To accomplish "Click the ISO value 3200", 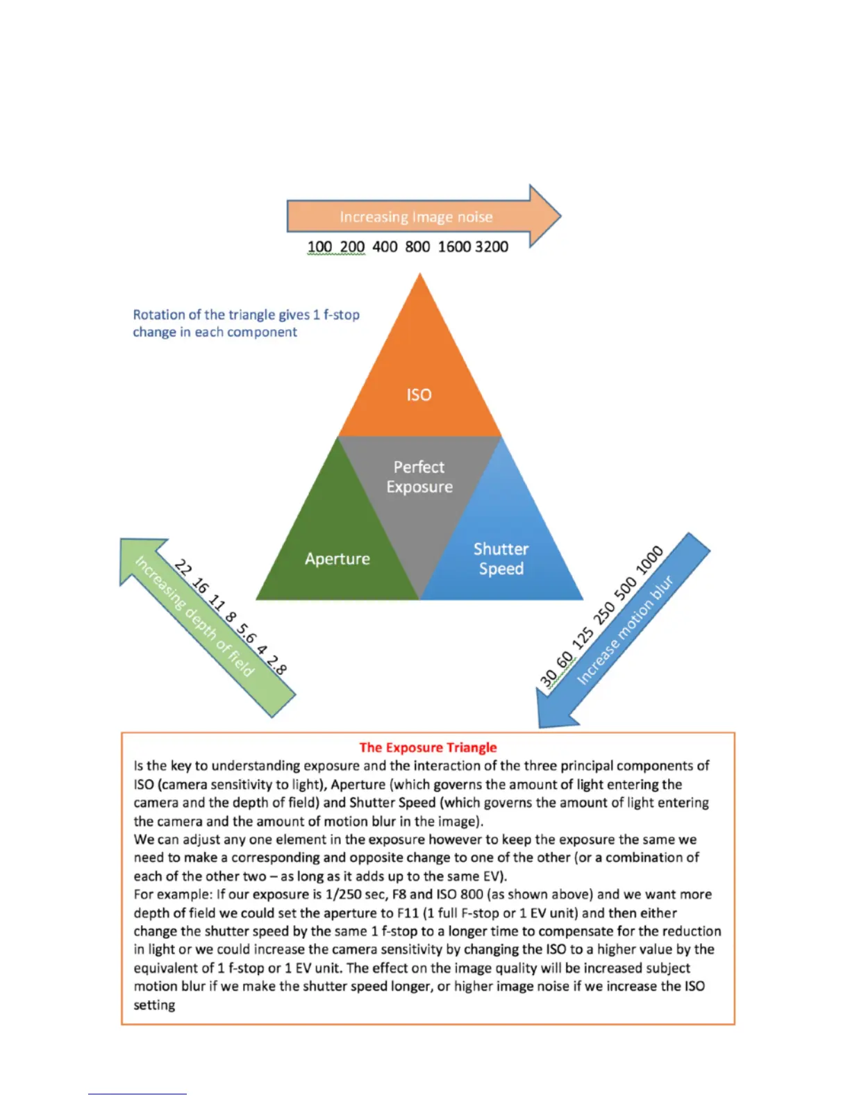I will tap(492, 247).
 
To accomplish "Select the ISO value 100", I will tap(319, 247).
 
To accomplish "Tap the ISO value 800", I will tap(417, 247).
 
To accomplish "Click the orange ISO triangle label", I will tap(419, 394).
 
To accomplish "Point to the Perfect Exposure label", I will tap(419, 477).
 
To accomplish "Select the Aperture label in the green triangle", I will tap(337, 559).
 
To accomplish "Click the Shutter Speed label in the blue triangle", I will tap(501, 559).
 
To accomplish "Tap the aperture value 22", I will tap(183, 567).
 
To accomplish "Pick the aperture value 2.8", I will tap(277, 665).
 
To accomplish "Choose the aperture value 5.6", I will tap(246, 633).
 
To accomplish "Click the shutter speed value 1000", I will tap(650, 560).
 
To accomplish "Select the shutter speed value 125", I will tap(583, 637).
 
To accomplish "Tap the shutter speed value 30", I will tap(549, 677).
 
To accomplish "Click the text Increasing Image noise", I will tap(416, 217).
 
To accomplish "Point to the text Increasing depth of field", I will tap(194, 617).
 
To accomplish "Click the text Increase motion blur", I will tap(625, 629).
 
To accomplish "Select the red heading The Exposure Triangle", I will tap(428, 747).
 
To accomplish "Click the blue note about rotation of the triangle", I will tap(246, 323).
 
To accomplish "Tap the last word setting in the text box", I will tap(154, 1005).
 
